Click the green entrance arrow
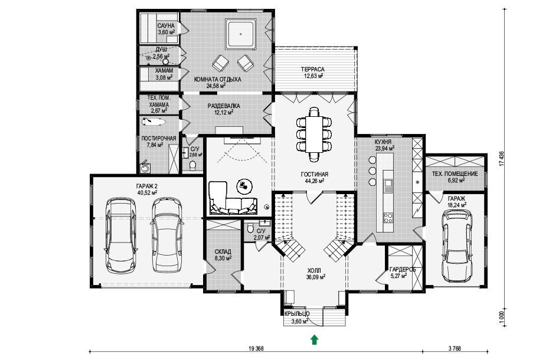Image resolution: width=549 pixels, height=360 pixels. (315, 340)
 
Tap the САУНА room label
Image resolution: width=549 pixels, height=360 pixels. (166, 26)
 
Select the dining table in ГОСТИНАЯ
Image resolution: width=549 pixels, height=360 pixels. (314, 135)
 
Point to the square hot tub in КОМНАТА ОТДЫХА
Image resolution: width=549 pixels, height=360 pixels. (241, 34)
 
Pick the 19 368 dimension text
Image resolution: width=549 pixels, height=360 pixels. (256, 348)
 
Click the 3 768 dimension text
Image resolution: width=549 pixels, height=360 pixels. (455, 348)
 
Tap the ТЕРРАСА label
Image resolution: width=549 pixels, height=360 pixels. (313, 69)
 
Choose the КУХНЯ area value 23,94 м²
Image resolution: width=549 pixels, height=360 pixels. (385, 148)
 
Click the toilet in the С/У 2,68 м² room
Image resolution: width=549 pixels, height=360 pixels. (192, 165)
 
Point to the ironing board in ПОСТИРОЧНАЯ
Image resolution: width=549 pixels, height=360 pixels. (153, 122)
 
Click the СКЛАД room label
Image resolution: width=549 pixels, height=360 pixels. (223, 252)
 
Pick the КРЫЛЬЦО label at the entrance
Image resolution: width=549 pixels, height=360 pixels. (296, 314)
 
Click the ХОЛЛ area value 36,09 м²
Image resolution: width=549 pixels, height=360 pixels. (316, 277)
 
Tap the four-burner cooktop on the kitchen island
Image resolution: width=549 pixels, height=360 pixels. (388, 217)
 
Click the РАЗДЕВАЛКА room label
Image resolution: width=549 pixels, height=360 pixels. (224, 106)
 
